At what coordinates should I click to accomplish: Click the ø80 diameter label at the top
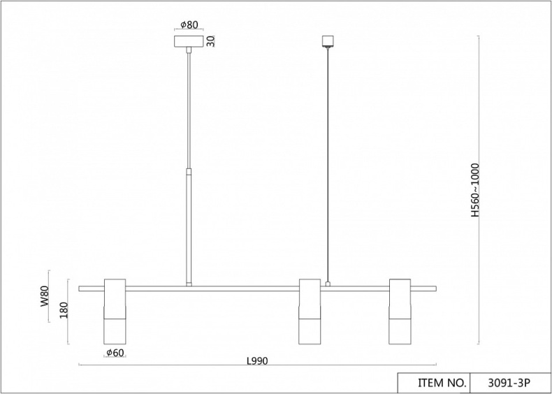(189, 24)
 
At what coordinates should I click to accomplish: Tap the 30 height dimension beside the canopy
(210, 41)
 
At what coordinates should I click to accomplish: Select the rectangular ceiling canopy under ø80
(189, 41)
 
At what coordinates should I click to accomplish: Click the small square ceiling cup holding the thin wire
(328, 41)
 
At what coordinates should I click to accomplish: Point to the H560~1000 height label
(475, 190)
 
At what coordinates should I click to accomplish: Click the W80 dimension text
(44, 296)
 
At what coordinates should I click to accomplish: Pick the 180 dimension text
(64, 310)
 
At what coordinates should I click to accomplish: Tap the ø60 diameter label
(115, 353)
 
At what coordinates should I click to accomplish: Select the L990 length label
(257, 361)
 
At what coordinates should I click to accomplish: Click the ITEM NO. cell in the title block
(442, 383)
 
